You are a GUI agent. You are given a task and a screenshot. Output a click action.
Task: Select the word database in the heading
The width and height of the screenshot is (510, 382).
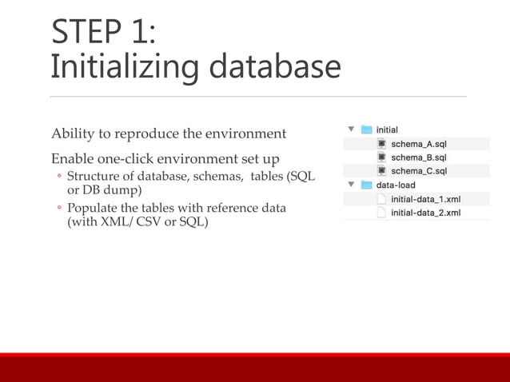pos(273,66)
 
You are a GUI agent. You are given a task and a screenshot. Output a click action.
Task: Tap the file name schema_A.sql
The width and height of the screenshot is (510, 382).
pos(418,144)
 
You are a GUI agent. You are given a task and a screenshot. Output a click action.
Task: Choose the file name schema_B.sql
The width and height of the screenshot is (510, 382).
pos(418,157)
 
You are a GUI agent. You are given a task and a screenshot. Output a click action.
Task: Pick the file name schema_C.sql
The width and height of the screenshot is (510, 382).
pos(418,171)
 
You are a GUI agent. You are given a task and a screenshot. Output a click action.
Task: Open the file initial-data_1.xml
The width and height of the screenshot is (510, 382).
pos(425,199)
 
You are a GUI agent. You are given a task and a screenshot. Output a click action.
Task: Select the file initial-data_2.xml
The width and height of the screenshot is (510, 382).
pos(425,213)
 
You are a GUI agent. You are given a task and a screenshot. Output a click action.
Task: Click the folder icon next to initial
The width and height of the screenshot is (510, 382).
pos(367,129)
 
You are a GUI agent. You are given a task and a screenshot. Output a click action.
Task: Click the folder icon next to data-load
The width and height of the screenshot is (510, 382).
pos(367,185)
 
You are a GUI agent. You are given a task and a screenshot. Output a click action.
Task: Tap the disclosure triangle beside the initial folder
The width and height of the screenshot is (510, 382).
pos(351,129)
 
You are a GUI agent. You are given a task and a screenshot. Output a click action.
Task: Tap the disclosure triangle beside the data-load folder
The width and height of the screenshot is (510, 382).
pos(351,185)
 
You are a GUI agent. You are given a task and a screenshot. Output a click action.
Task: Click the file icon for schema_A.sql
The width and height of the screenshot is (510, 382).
pos(381,144)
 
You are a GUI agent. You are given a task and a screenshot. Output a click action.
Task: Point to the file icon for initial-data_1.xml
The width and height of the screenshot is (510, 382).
pos(381,199)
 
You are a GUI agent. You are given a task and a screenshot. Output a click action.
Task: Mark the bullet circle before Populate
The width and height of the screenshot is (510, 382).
pos(58,209)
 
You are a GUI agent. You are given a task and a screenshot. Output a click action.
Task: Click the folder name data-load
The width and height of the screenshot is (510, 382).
pos(396,185)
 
